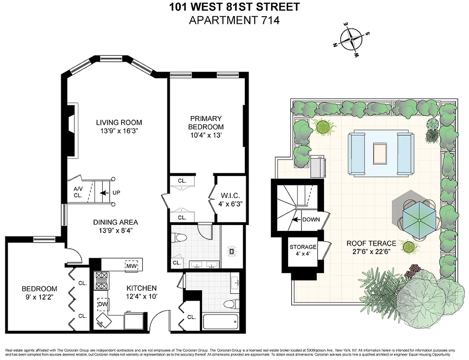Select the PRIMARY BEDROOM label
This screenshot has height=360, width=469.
tap(206, 123)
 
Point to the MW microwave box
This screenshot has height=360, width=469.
tap(131, 266)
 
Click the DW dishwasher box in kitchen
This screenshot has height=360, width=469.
tap(102, 305)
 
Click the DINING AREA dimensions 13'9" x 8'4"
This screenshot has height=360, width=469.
tap(116, 231)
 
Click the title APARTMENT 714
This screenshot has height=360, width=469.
tap(234, 20)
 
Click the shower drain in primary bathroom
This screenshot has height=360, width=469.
tap(233, 252)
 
